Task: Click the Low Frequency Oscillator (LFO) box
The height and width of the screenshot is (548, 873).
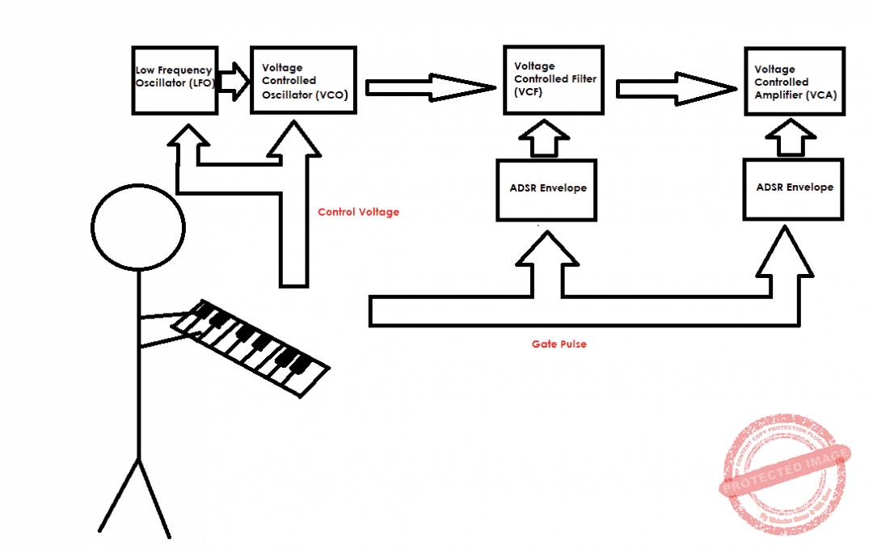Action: click(175, 80)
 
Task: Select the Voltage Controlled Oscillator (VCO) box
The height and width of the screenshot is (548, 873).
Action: click(304, 80)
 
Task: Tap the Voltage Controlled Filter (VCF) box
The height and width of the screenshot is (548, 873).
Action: click(552, 80)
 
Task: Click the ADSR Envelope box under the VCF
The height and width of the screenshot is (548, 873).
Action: click(546, 189)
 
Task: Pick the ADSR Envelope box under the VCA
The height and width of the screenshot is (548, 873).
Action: click(794, 188)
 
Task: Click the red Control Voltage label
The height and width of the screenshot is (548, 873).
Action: click(358, 213)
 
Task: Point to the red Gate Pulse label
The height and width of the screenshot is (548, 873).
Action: click(559, 344)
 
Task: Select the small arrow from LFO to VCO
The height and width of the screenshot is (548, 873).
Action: click(234, 82)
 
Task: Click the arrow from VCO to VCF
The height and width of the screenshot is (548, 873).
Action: click(428, 87)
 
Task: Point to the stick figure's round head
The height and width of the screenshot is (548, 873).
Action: click(138, 227)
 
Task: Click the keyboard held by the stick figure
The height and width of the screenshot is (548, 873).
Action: click(251, 347)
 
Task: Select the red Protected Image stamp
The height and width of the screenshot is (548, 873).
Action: click(784, 475)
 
